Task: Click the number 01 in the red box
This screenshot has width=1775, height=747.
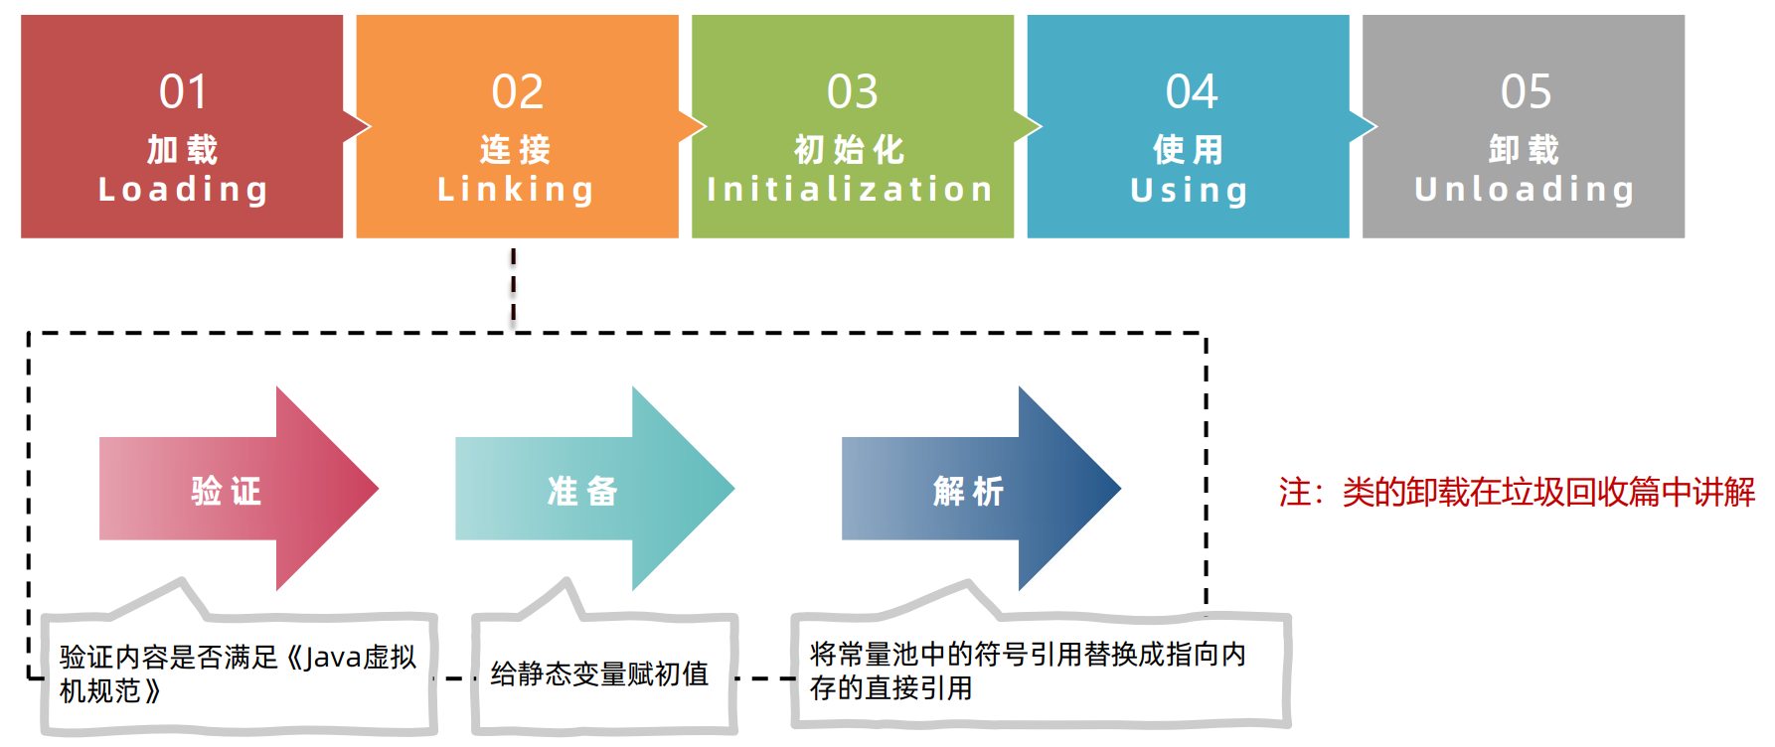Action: point(183,92)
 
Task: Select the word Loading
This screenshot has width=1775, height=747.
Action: point(183,189)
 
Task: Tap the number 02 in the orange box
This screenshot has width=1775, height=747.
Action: point(517,92)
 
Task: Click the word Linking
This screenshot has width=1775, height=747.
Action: point(516,189)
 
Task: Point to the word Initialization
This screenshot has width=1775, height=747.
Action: point(850,189)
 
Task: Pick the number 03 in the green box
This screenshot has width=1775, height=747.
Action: point(852,92)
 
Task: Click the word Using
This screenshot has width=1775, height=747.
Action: point(1189,190)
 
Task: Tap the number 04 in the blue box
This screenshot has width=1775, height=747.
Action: point(1191,92)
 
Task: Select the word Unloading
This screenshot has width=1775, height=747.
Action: point(1524,189)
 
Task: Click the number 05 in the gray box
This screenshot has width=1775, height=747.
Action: point(1525,92)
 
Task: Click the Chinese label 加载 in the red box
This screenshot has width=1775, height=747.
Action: point(183,149)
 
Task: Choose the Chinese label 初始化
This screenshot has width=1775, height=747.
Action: point(850,149)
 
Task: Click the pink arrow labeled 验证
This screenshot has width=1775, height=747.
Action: point(227,490)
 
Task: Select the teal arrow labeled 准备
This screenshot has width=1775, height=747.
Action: point(583,490)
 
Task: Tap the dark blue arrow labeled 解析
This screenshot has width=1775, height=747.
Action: point(969,490)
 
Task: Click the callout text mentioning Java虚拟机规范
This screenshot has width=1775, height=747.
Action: point(237,673)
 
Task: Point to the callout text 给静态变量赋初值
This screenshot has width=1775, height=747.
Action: point(599,673)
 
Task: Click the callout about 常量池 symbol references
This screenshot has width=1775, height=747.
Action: point(1027,671)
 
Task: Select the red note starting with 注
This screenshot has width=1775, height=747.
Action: point(1516,492)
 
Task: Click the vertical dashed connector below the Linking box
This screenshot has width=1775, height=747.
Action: point(513,288)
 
